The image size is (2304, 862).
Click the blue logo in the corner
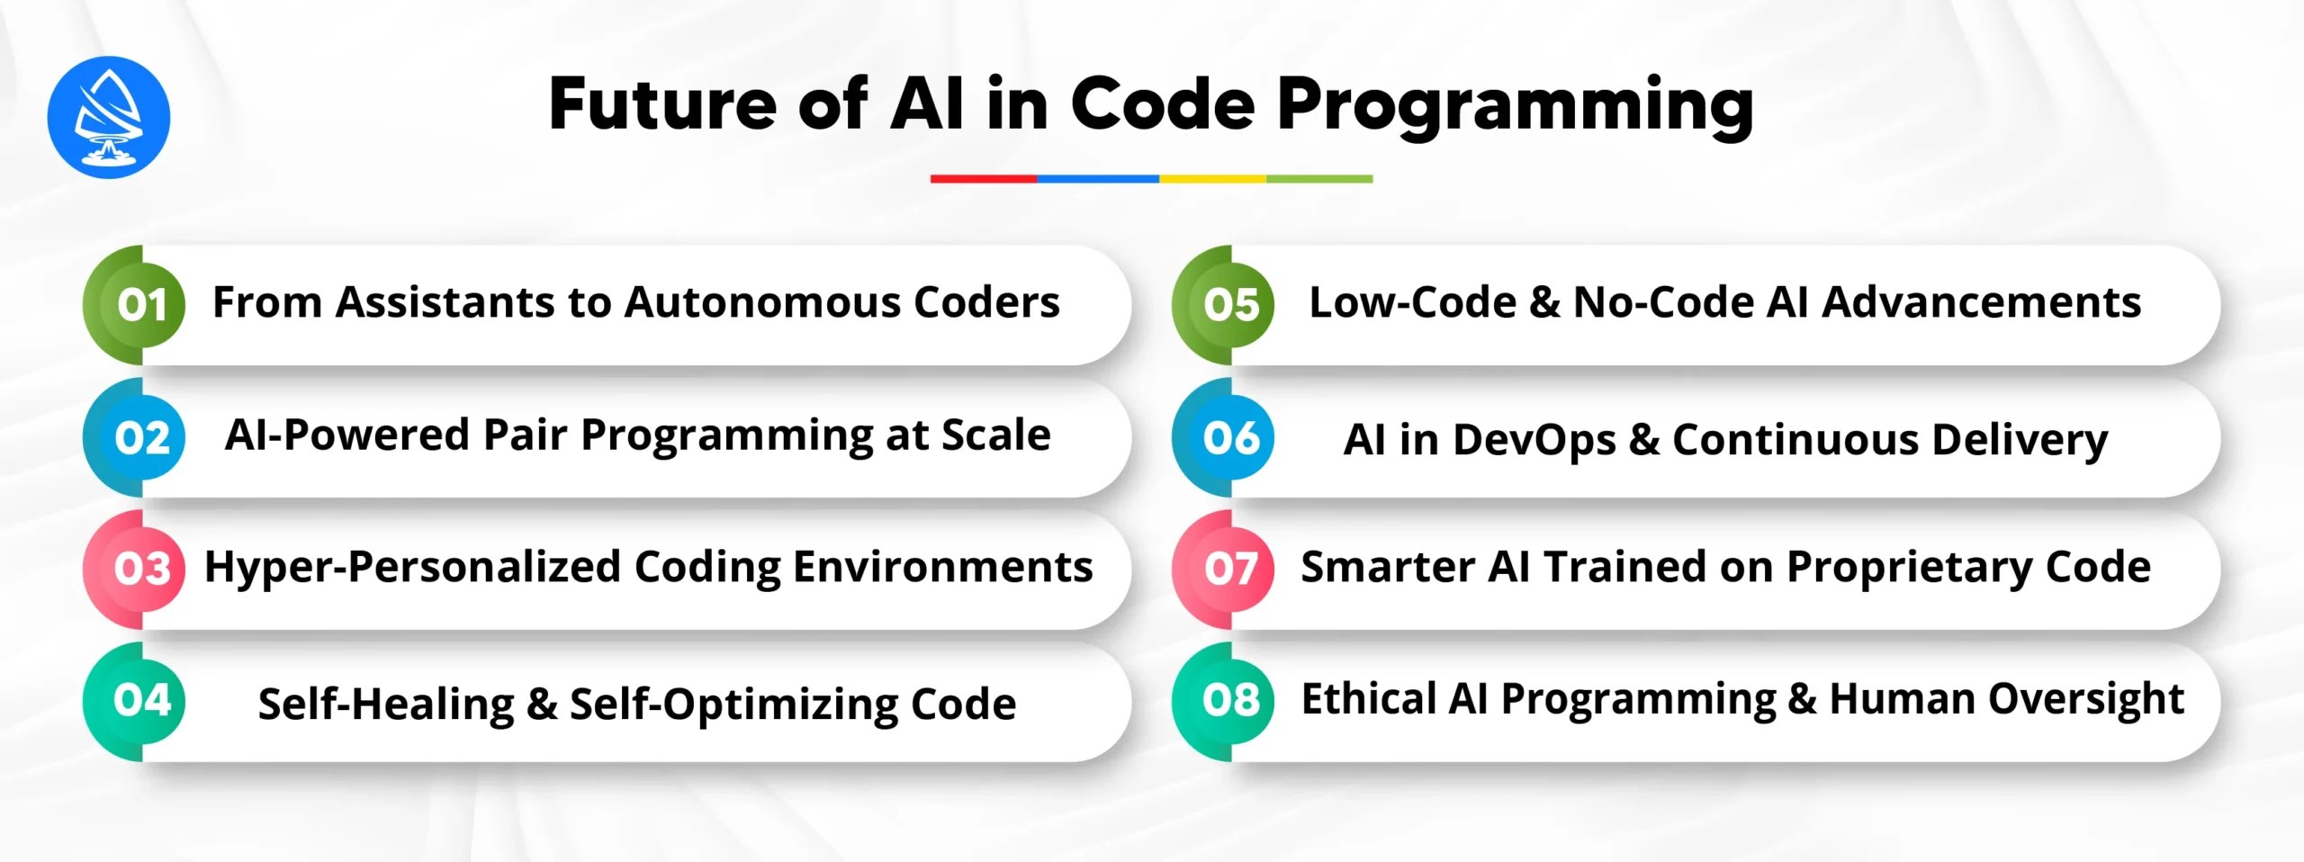click(x=108, y=117)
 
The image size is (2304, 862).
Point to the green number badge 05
click(x=1229, y=305)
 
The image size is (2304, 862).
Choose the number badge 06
click(x=1229, y=437)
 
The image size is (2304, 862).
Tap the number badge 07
click(x=1229, y=569)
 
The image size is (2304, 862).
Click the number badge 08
click(x=1229, y=700)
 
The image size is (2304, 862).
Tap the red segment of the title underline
click(x=983, y=179)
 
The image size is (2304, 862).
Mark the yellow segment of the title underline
click(x=1211, y=179)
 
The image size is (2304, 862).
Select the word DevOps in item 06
click(x=1534, y=440)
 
